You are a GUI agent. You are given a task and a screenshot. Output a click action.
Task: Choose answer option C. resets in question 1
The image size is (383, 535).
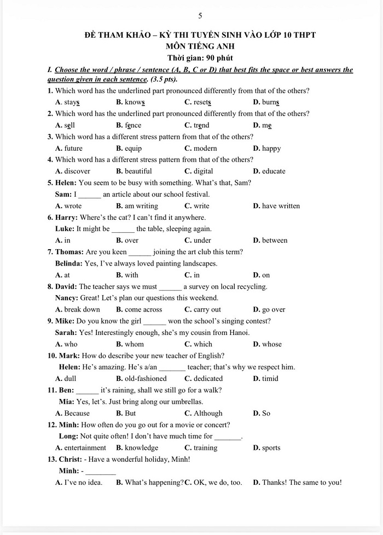click(198, 102)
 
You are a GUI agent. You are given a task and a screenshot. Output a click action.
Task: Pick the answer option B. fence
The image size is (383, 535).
click(129, 125)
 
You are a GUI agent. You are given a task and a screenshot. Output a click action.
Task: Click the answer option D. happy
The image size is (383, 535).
click(267, 148)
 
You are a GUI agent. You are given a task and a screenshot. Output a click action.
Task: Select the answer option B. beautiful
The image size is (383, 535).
click(134, 171)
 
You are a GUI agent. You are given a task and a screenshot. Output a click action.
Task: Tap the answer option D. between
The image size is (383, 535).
click(270, 240)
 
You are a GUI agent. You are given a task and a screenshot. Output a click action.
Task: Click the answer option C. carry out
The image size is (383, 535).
click(203, 309)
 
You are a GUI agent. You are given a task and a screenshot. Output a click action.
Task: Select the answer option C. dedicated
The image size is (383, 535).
click(204, 378)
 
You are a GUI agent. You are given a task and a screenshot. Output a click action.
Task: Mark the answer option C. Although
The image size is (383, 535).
click(204, 413)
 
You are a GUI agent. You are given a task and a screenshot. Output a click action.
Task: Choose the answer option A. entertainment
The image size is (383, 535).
click(81, 448)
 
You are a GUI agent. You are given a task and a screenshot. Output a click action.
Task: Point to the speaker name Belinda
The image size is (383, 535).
click(68, 263)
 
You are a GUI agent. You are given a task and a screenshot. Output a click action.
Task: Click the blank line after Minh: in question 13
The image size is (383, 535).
click(101, 471)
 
